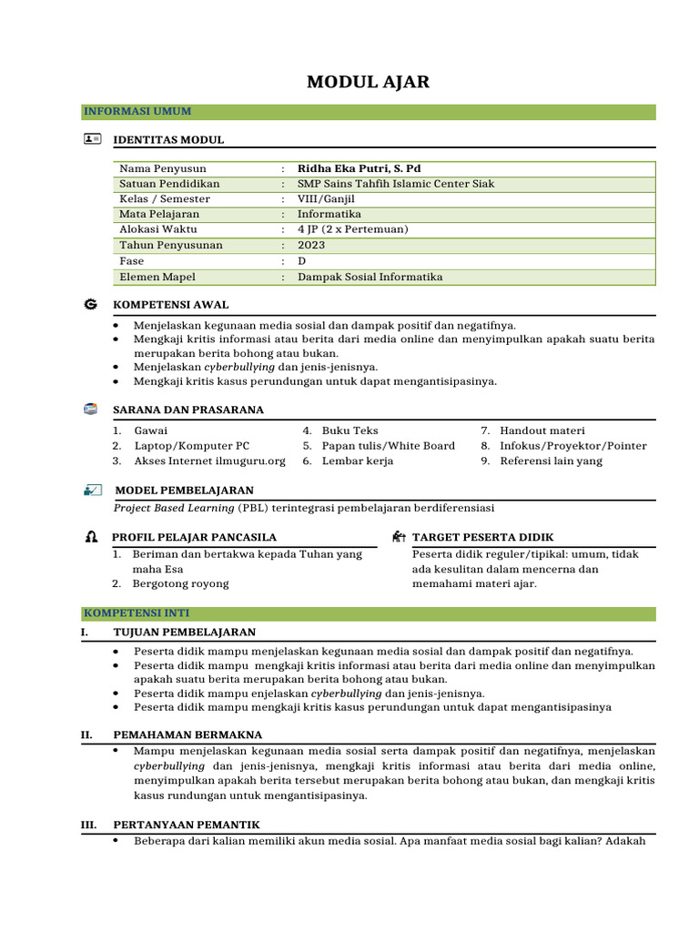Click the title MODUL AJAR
pyautogui.click(x=368, y=83)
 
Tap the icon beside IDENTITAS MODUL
pyautogui.click(x=92, y=139)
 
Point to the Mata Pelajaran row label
pyautogui.click(x=159, y=214)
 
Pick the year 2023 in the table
pyautogui.click(x=310, y=245)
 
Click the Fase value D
pyautogui.click(x=302, y=260)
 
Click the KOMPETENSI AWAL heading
pyautogui.click(x=170, y=305)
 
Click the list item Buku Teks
pyautogui.click(x=349, y=431)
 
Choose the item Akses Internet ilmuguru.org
pyautogui.click(x=209, y=461)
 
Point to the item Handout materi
pyautogui.click(x=542, y=431)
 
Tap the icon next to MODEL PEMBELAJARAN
pyautogui.click(x=92, y=491)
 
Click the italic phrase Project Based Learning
pyautogui.click(x=174, y=507)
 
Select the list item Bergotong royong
pyautogui.click(x=180, y=583)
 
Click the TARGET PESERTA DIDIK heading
pyautogui.click(x=482, y=538)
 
